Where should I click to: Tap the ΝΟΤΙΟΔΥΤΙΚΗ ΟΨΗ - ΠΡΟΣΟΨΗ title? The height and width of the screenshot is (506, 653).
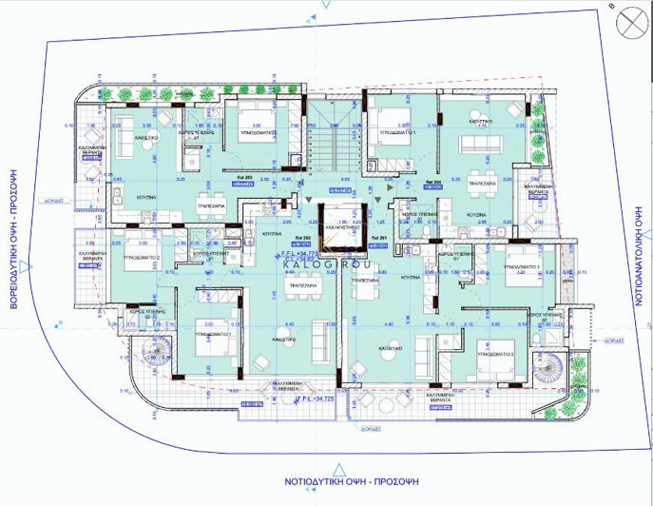[x=326, y=481]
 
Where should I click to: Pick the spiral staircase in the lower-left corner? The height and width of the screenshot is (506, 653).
[x=155, y=359]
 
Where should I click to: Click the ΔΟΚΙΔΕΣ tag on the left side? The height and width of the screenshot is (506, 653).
[x=54, y=202]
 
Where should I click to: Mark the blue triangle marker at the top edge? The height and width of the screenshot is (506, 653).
[x=326, y=5]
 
